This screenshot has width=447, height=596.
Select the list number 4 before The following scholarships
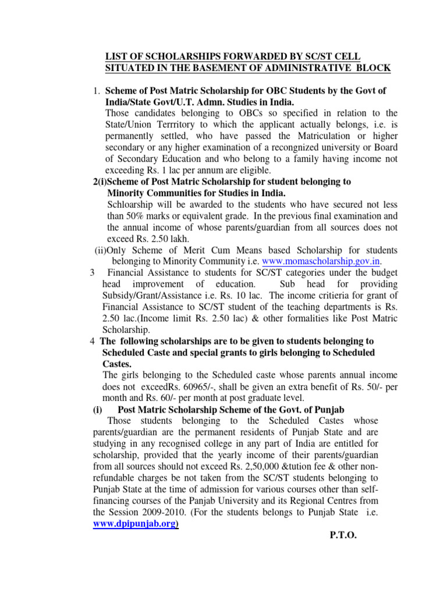point(93,341)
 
